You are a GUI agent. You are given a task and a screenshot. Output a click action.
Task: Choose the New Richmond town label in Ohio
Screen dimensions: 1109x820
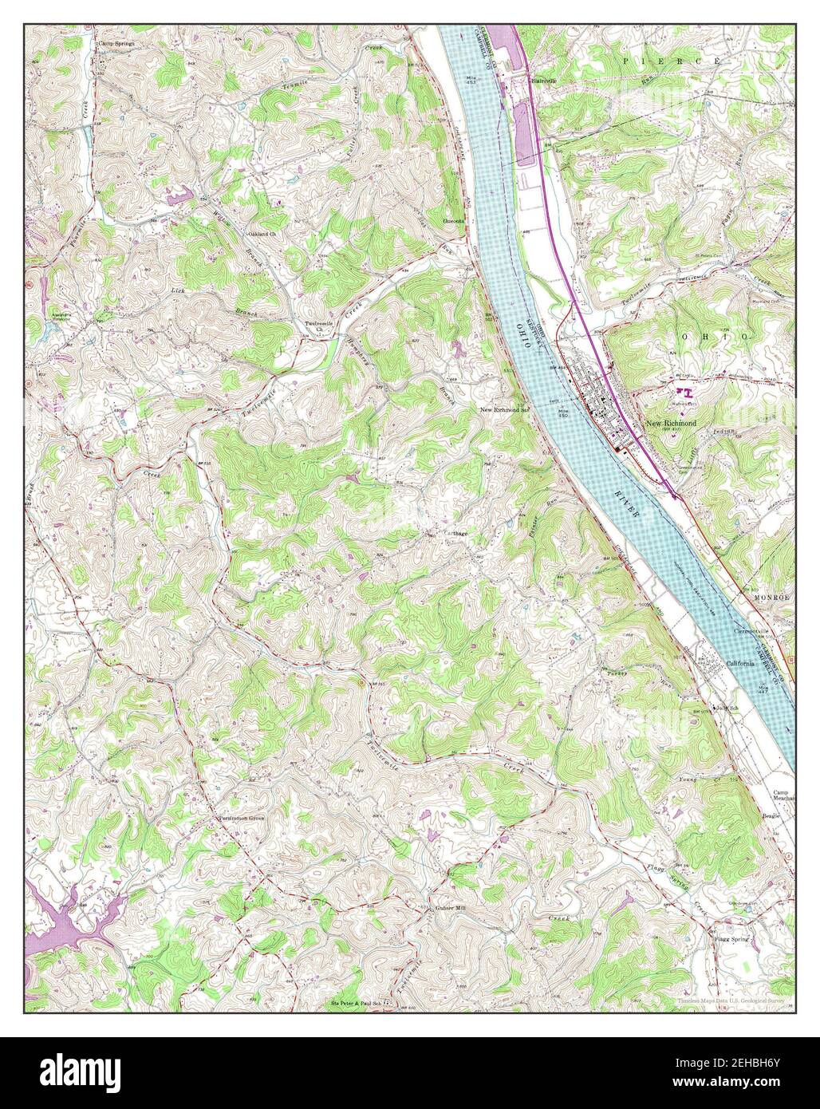tap(671, 423)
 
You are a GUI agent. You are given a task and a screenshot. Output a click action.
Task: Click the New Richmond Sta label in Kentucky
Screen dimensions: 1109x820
tap(504, 409)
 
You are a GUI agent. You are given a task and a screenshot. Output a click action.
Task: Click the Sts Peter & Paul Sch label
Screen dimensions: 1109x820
tap(356, 1003)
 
